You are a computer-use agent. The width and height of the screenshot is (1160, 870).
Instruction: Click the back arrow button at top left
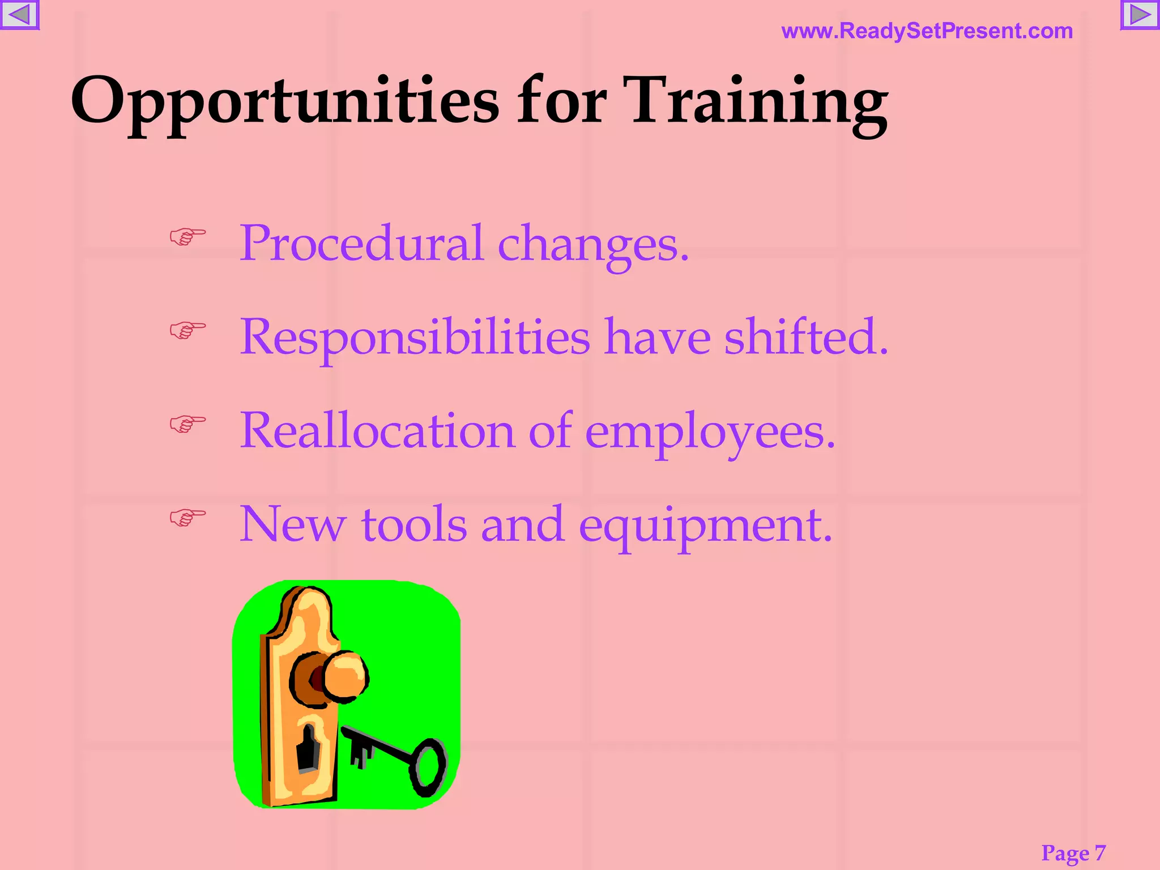coord(19,15)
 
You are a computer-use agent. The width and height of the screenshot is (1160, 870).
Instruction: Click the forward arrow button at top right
coord(1140,15)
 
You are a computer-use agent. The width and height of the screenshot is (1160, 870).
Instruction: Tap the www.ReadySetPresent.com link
coord(927,31)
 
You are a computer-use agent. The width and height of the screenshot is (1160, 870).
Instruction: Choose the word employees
coord(710,433)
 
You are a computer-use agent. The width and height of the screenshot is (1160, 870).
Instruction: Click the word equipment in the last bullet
coord(705,526)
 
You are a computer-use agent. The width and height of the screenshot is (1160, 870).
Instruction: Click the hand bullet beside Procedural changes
coord(187,236)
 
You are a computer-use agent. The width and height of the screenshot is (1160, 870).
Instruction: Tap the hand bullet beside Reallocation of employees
coord(187,423)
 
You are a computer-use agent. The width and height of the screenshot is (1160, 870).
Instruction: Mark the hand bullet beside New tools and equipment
coord(187,517)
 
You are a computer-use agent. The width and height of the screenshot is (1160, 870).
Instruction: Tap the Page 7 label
coord(1073,852)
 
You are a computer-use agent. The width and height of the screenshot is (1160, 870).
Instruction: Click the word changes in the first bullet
coord(593,245)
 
